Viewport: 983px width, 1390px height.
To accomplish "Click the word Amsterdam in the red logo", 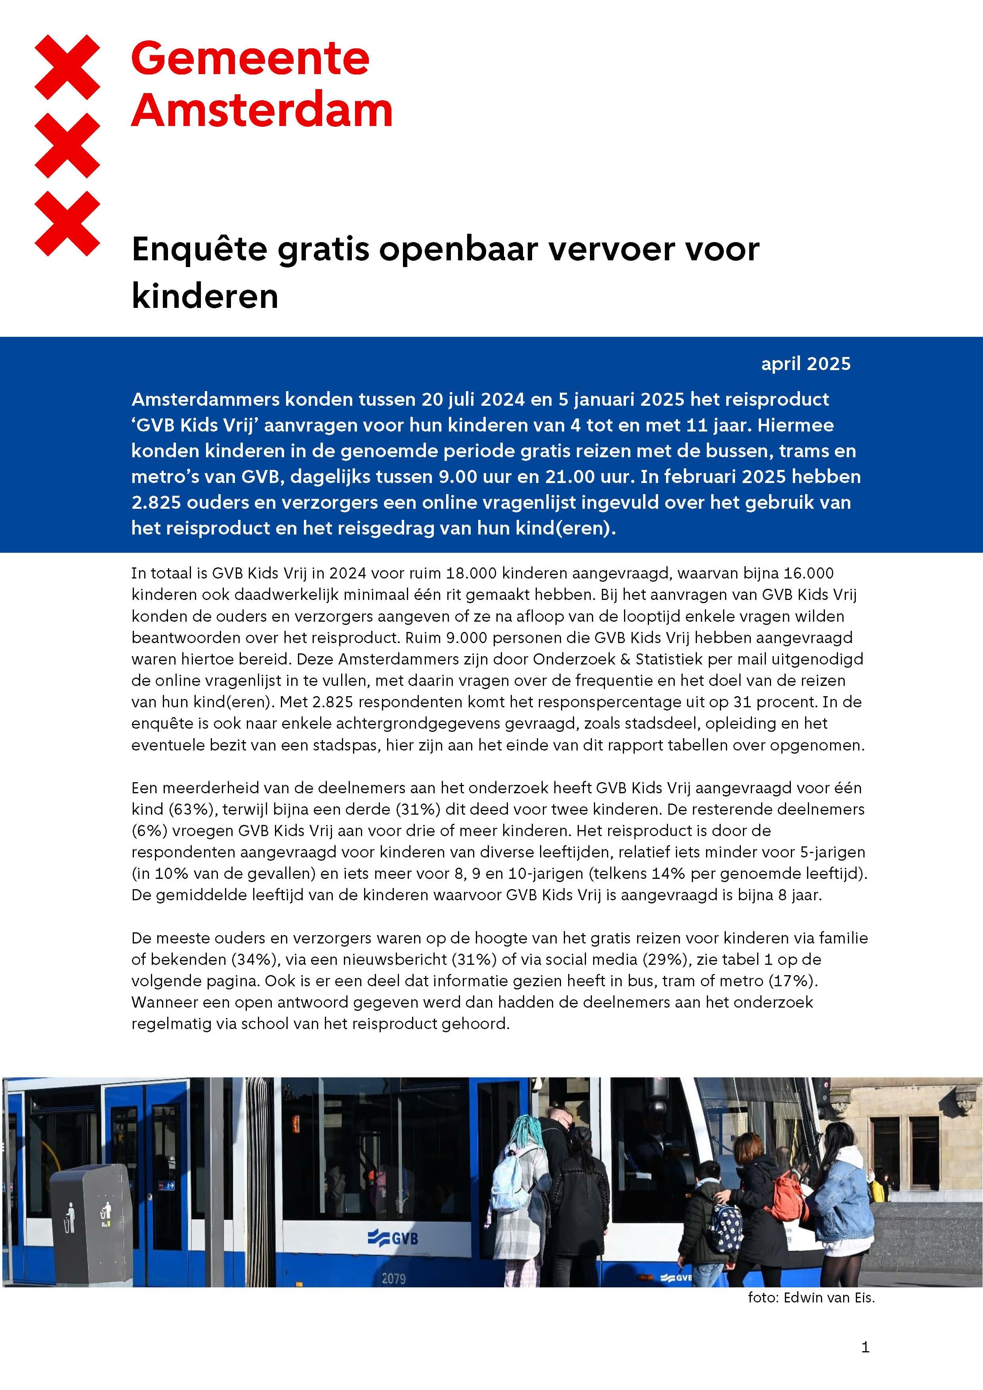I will [261, 111].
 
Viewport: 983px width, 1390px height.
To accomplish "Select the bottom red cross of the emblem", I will [67, 223].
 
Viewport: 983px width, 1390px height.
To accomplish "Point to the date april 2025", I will [805, 364].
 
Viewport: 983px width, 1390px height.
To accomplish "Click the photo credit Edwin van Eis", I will [828, 1297].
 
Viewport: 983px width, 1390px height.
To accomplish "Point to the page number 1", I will [865, 1347].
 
